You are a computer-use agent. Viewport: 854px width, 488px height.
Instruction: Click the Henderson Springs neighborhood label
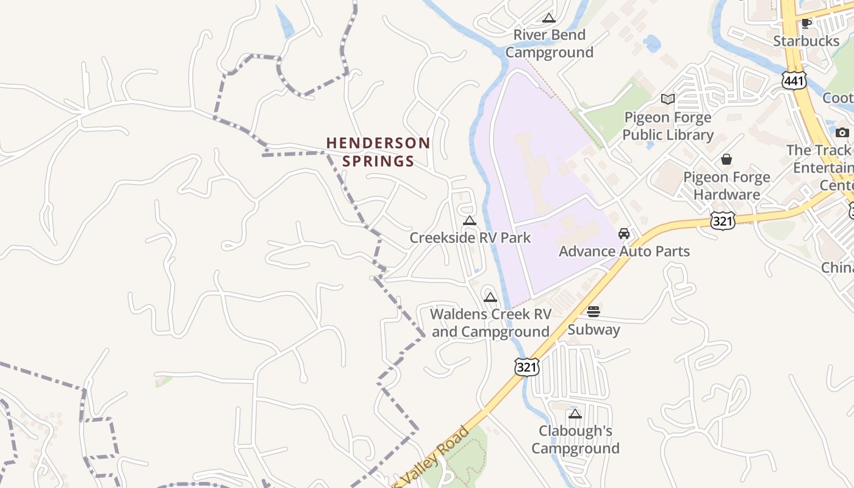click(x=378, y=152)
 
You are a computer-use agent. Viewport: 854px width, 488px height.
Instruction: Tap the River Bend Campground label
click(x=549, y=43)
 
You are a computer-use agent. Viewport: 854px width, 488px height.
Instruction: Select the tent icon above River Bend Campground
click(x=549, y=18)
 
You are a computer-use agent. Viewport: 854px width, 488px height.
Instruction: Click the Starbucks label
click(x=806, y=41)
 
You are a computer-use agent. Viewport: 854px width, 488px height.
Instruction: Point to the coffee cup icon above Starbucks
click(x=806, y=23)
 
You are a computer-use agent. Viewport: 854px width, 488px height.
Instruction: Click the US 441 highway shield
click(x=795, y=80)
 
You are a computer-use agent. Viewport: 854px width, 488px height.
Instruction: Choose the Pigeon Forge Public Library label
click(x=668, y=126)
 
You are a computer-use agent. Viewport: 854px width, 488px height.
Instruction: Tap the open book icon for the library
click(x=668, y=99)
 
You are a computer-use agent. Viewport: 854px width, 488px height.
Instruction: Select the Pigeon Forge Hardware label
click(x=727, y=185)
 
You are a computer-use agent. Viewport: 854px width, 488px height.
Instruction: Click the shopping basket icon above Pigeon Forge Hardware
click(x=727, y=159)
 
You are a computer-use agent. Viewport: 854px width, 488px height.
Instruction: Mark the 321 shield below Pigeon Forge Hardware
click(x=722, y=220)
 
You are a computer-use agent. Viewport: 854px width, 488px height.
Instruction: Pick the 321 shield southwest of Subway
click(x=526, y=367)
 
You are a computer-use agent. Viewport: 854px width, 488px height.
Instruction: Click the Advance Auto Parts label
click(x=624, y=251)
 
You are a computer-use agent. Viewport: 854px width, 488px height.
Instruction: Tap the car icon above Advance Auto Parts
click(x=624, y=234)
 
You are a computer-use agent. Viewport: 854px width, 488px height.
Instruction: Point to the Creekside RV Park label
click(x=470, y=238)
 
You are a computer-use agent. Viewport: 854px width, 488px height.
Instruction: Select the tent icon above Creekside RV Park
click(x=470, y=220)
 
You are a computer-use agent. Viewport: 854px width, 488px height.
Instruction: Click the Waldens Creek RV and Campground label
click(x=490, y=323)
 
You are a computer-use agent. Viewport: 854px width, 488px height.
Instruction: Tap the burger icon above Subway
click(x=594, y=312)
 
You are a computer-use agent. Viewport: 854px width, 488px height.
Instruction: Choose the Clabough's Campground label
click(x=575, y=439)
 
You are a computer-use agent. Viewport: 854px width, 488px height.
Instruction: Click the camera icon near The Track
click(x=842, y=132)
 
